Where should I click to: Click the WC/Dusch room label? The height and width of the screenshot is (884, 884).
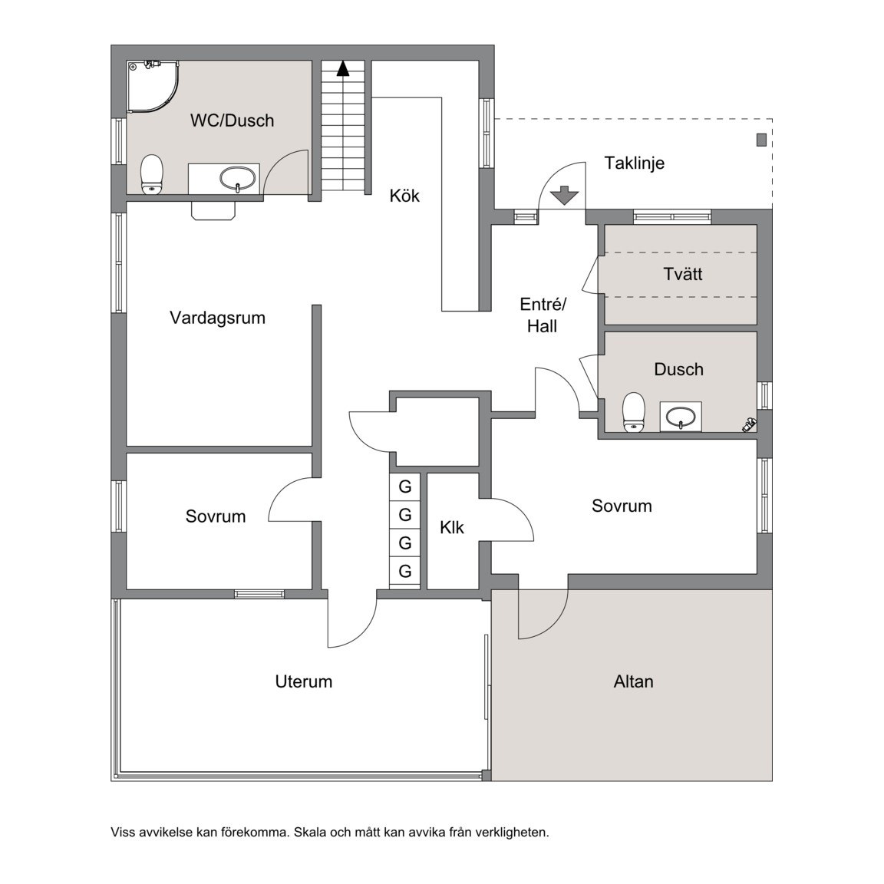tap(232, 120)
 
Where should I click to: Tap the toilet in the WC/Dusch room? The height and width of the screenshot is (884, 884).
tap(151, 175)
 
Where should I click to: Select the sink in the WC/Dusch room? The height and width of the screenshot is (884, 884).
tap(237, 180)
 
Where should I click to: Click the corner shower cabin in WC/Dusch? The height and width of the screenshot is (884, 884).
tap(152, 87)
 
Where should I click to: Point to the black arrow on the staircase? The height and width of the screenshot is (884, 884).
tap(343, 68)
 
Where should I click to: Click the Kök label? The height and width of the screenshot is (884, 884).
tap(404, 196)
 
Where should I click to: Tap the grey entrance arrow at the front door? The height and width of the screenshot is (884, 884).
tap(564, 195)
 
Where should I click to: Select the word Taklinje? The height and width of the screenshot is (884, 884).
tap(635, 163)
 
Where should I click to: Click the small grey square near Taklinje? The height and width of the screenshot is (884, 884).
tap(761, 140)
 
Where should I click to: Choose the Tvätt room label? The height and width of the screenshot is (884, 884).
tap(683, 274)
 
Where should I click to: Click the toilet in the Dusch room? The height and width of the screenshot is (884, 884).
tap(634, 412)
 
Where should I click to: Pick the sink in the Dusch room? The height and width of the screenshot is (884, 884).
tap(681, 417)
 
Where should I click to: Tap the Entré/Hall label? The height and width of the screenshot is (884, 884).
tap(543, 315)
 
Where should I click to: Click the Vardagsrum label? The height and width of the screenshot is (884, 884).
tap(218, 318)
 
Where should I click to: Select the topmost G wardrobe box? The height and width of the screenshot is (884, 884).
tap(405, 487)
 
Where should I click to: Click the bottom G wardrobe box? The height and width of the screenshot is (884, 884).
tap(405, 571)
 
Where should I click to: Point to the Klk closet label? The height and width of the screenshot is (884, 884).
tap(451, 528)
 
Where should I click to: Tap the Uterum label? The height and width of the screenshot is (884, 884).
tap(303, 681)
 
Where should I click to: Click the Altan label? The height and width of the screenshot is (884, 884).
tap(634, 681)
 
